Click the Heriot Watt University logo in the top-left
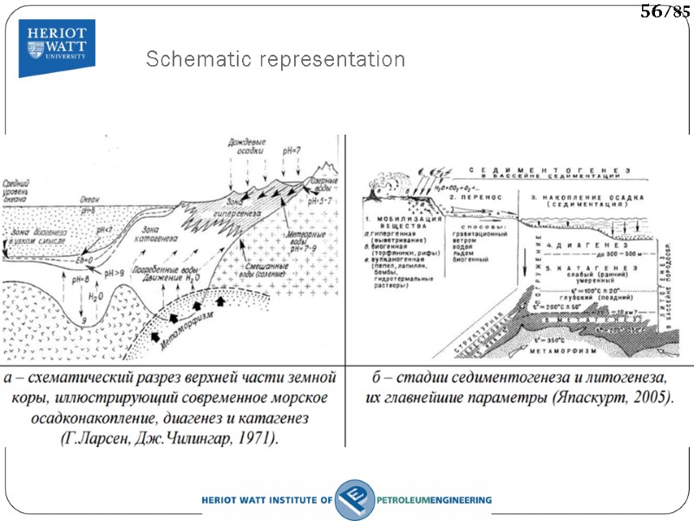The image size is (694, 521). pos(57,48)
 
